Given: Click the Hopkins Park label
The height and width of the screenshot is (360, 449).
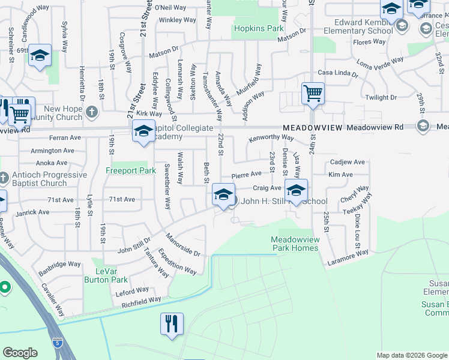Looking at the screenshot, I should (x=258, y=28).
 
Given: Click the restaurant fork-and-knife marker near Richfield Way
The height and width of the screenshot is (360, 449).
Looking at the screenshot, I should (x=172, y=324).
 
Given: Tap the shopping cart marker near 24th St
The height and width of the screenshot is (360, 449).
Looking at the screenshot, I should (x=313, y=94).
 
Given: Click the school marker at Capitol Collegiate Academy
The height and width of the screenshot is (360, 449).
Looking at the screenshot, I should (x=143, y=132).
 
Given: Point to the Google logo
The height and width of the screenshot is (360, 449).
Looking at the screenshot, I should (x=20, y=352).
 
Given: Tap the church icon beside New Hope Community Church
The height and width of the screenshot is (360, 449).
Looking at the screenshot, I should (x=91, y=112).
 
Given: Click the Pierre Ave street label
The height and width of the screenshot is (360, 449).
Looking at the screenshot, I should (x=246, y=175).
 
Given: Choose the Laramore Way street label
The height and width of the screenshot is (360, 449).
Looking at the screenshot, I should (x=348, y=257).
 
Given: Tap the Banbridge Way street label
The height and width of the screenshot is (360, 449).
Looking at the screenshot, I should (x=59, y=264).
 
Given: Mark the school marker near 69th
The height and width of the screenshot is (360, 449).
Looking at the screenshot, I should (x=40, y=57).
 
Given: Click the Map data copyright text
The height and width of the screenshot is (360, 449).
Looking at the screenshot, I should (x=411, y=355).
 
